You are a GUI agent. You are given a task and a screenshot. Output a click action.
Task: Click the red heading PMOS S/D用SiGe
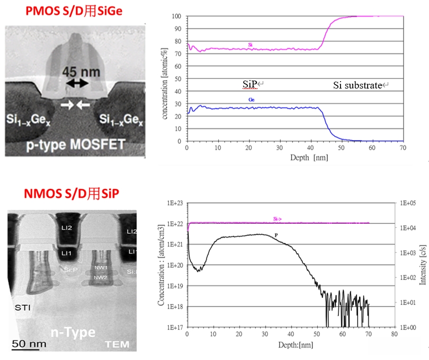click(x=70, y=11)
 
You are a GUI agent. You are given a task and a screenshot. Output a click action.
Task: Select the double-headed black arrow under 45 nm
click(x=77, y=83)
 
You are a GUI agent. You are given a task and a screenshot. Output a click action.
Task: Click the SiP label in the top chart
click(x=246, y=84)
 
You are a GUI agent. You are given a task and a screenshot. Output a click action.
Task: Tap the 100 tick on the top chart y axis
click(x=178, y=16)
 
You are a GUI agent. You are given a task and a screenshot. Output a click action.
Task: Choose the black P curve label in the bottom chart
click(x=276, y=234)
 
